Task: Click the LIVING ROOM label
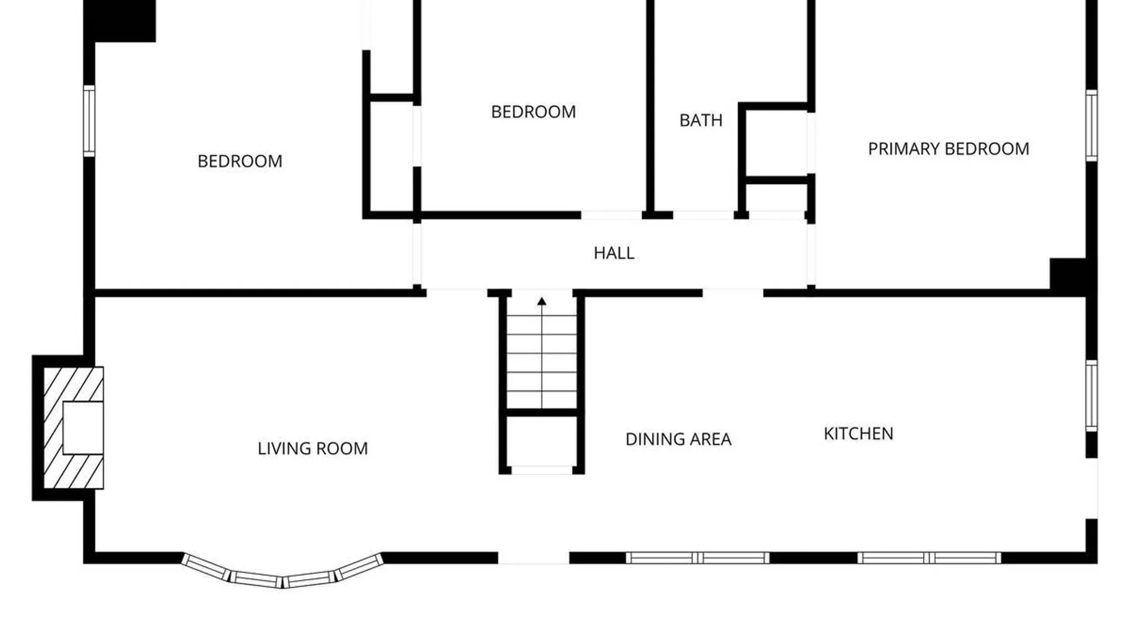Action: coord(313,449)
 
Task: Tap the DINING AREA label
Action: coord(678,439)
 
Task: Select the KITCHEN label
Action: coord(859,434)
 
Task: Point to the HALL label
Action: coord(614,253)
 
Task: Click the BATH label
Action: coord(701,121)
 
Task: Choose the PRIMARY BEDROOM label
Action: coord(948,149)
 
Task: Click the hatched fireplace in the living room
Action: coord(74,428)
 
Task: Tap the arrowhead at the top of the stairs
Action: coord(542,302)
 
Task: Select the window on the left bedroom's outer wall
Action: coord(89,121)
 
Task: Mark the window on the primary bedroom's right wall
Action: coord(1091,125)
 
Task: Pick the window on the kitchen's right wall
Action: coord(1091,396)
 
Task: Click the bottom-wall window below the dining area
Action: coord(697,557)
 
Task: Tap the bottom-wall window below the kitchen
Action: coord(929,557)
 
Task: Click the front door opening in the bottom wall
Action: coord(534,557)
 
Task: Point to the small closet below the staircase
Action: coord(542,442)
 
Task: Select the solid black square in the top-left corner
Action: coord(120,21)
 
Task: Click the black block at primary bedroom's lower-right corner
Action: coord(1068,274)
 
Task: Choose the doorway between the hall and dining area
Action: coord(733,292)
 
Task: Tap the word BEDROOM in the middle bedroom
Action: coord(533,112)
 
